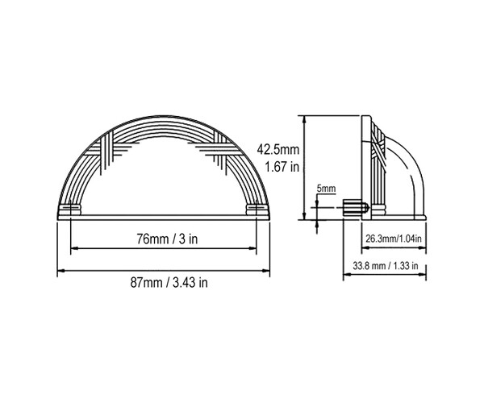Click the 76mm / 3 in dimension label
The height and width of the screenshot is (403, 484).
[x=167, y=239]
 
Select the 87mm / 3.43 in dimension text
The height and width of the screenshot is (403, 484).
[x=169, y=282]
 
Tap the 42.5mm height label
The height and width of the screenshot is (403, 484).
[x=278, y=150]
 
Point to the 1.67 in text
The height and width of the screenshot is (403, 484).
[x=282, y=167]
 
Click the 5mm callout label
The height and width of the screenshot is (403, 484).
[x=326, y=189]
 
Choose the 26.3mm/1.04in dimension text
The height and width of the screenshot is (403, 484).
[x=394, y=239]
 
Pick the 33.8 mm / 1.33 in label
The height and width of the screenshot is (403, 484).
[x=386, y=265]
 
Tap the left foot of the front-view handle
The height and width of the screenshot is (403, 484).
[x=69, y=210]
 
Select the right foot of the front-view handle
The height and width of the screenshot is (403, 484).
[x=257, y=210]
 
